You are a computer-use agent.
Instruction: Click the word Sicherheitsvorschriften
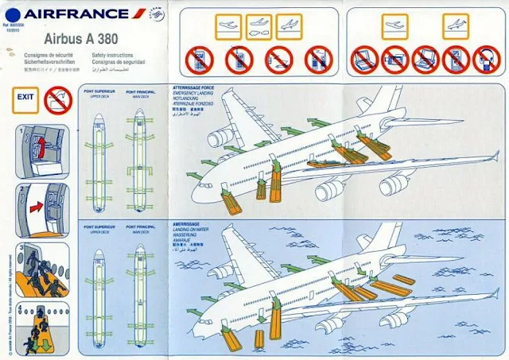tap(49, 60)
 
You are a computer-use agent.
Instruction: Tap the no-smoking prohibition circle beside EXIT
tap(57, 100)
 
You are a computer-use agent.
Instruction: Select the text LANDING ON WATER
tap(192, 230)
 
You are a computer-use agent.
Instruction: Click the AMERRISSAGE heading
tap(188, 225)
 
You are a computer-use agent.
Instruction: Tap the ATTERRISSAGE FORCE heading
tap(194, 86)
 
